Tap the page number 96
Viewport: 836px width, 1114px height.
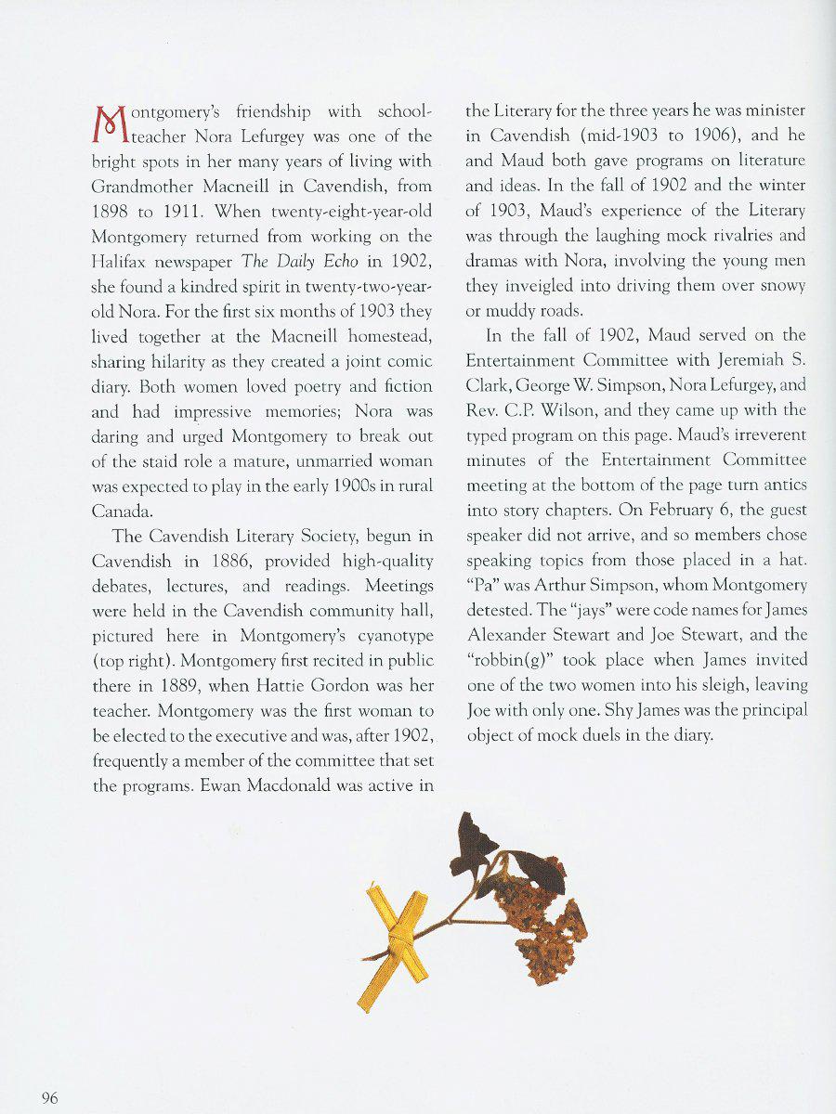pos(50,1098)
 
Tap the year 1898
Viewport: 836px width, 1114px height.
pos(111,212)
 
